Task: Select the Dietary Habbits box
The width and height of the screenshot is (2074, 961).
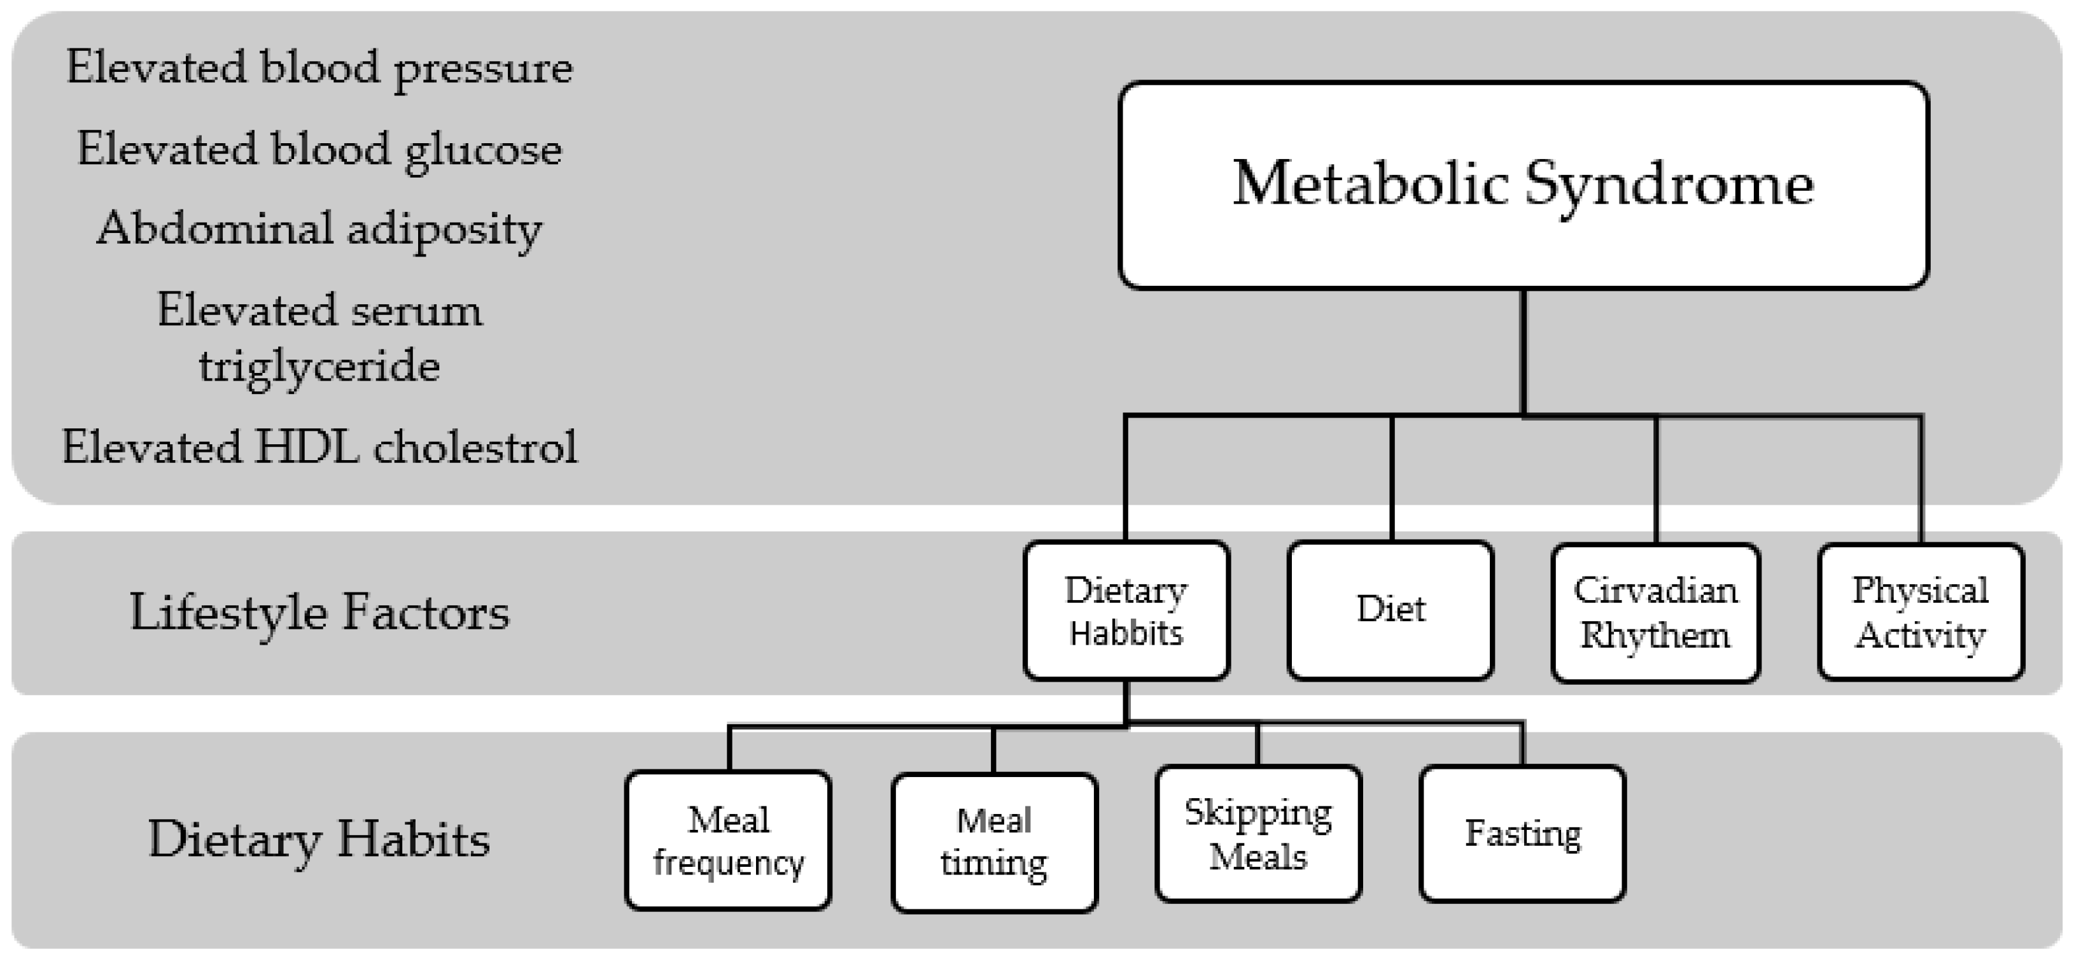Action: (x=1126, y=611)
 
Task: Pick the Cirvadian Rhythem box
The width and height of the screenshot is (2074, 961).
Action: (x=1655, y=612)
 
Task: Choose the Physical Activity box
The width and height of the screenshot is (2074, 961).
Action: (x=1920, y=612)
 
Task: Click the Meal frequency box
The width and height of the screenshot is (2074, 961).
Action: (x=728, y=840)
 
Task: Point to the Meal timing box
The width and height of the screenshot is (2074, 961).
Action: (x=993, y=842)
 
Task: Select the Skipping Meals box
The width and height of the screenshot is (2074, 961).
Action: (x=1258, y=834)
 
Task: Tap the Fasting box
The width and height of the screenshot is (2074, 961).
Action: (x=1522, y=834)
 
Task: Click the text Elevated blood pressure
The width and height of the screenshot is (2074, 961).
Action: (x=319, y=67)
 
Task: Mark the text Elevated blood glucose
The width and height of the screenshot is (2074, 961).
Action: (x=319, y=150)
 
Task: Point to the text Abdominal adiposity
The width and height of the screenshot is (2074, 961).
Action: (x=319, y=229)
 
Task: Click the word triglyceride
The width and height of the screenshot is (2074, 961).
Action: (x=319, y=366)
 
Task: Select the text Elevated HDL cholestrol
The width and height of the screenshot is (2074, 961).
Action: (x=319, y=447)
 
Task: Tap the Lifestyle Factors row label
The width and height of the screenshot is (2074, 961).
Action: (x=319, y=612)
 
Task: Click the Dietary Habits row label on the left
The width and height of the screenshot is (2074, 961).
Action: (x=319, y=839)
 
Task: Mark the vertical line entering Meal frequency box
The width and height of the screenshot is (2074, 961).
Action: (x=729, y=748)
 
